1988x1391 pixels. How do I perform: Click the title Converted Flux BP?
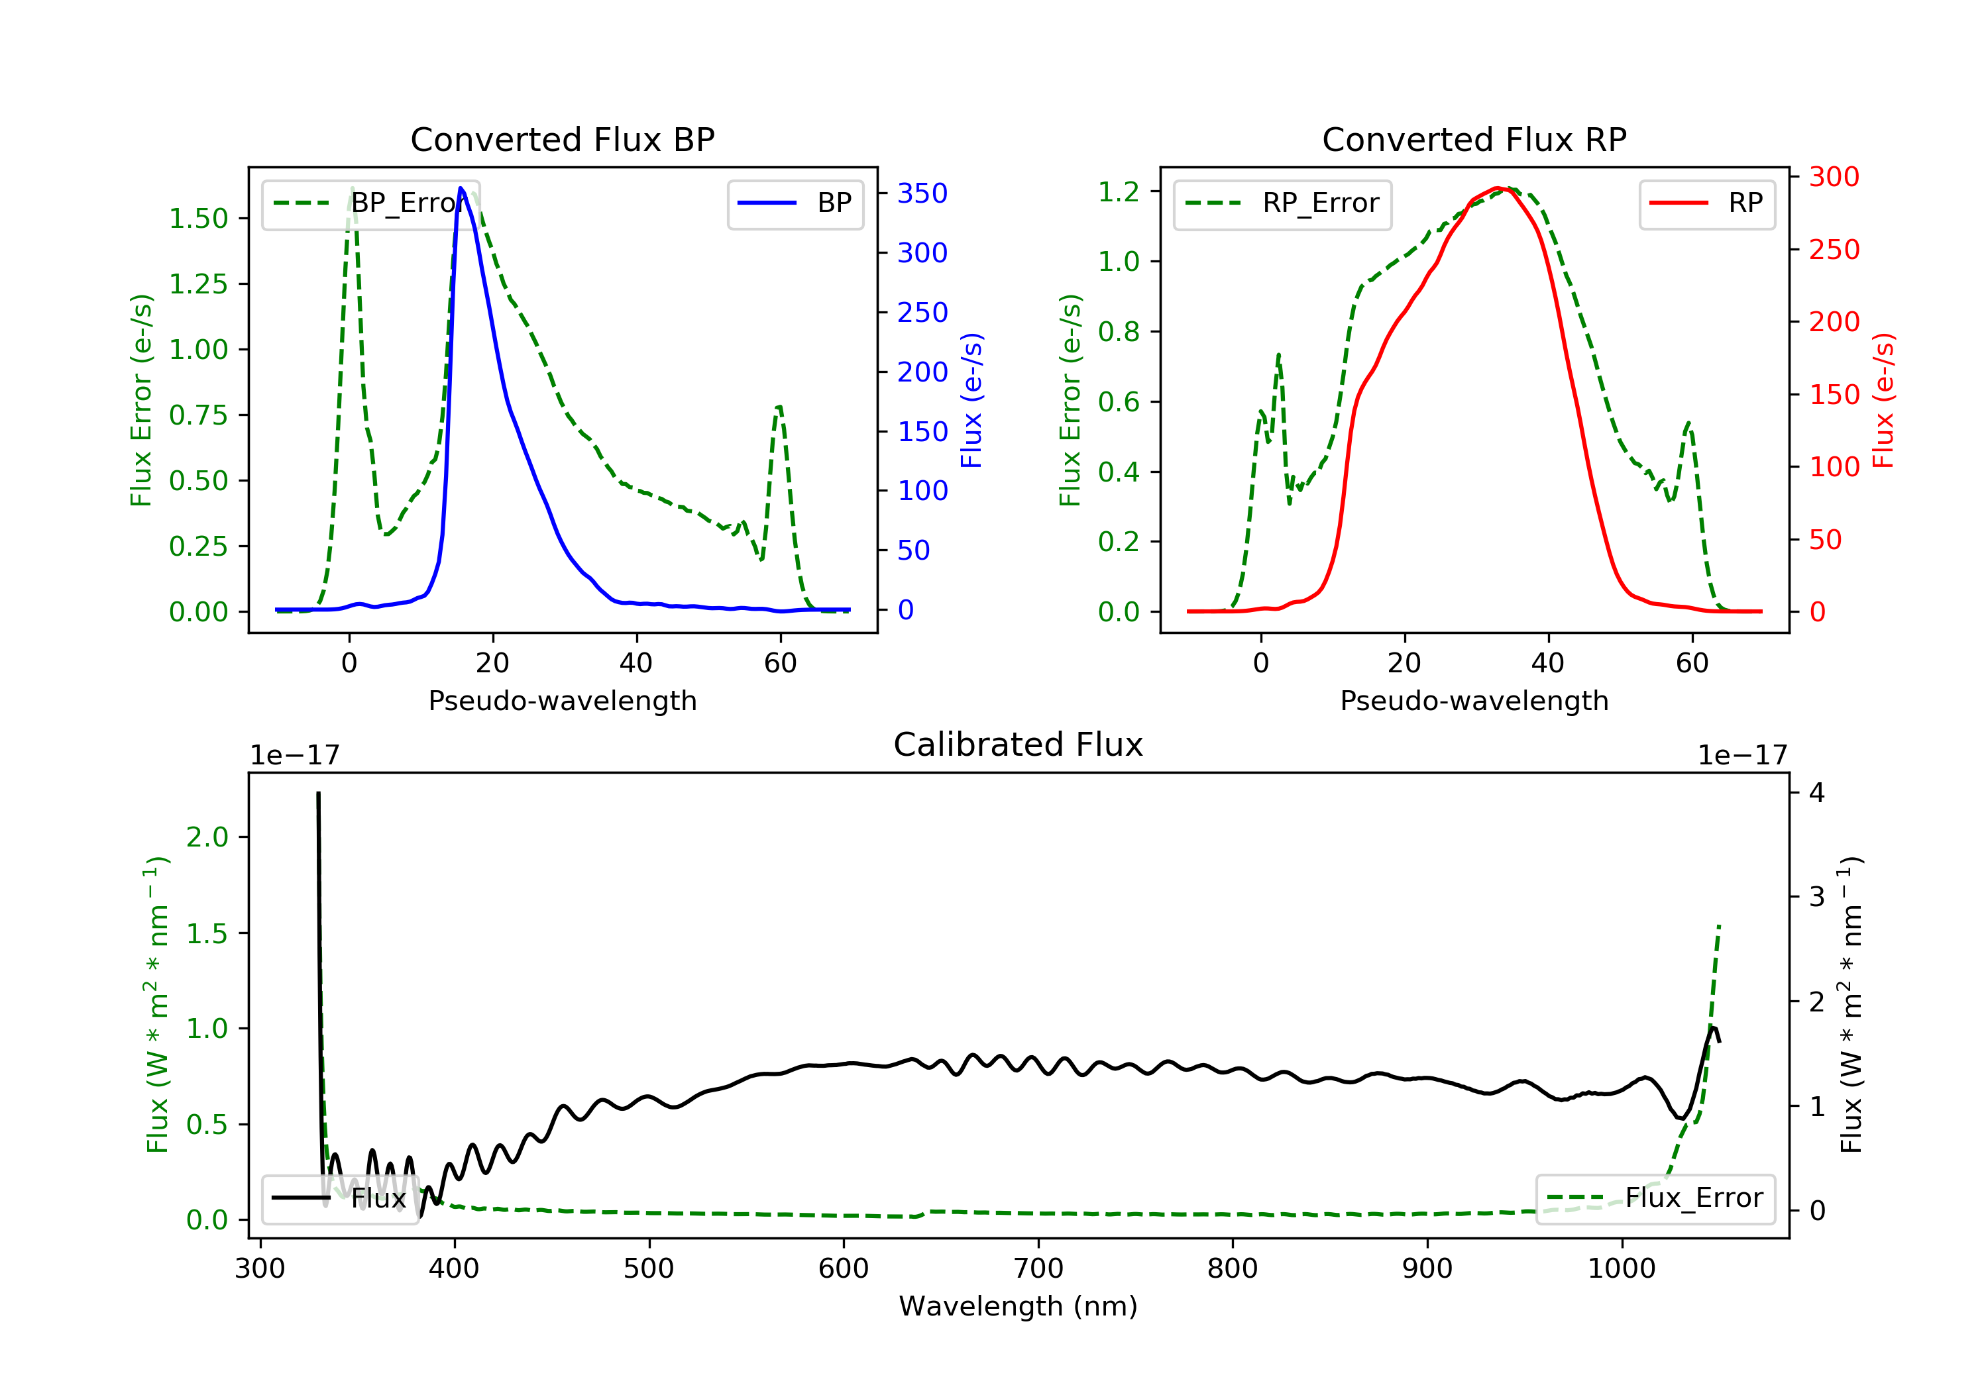pyautogui.click(x=562, y=139)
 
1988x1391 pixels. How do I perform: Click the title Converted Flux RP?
pyautogui.click(x=1474, y=139)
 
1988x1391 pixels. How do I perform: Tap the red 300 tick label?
pyautogui.click(x=1834, y=177)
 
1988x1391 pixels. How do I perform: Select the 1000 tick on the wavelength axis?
pyautogui.click(x=1621, y=1269)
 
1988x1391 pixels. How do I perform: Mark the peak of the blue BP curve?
pyautogui.click(x=461, y=188)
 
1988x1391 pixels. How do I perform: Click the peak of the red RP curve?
pyautogui.click(x=1498, y=188)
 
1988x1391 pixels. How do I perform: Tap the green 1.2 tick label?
pyautogui.click(x=1119, y=191)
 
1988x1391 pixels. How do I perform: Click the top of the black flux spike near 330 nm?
pyautogui.click(x=318, y=793)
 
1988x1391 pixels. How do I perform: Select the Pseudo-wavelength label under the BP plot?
pyautogui.click(x=562, y=700)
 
